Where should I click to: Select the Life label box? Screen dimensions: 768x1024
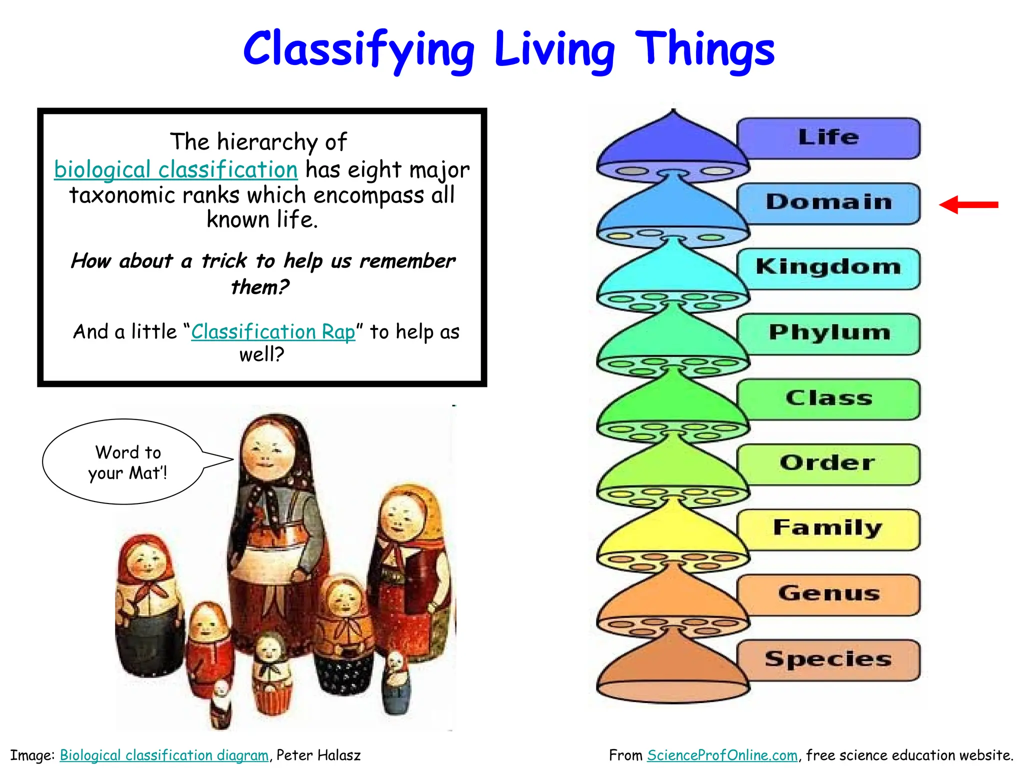tap(828, 138)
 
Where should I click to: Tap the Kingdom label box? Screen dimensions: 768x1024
tap(828, 268)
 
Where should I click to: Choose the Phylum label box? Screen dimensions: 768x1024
tap(828, 333)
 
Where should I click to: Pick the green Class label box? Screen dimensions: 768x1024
tap(828, 399)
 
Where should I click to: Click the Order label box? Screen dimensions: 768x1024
tap(828, 464)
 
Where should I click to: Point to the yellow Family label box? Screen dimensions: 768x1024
tap(828, 529)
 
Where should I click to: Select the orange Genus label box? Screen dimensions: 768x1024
tap(828, 594)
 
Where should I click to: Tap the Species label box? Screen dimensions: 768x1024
tap(828, 659)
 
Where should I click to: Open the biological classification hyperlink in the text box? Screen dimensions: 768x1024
tap(176, 170)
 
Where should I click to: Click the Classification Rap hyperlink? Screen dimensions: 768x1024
tap(273, 332)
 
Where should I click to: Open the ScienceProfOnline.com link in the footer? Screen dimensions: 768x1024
tap(722, 755)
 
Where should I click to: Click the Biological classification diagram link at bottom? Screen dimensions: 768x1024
tap(164, 755)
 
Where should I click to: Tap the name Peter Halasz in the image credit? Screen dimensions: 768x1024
tap(318, 755)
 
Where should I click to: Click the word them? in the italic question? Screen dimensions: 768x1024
tap(260, 287)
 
